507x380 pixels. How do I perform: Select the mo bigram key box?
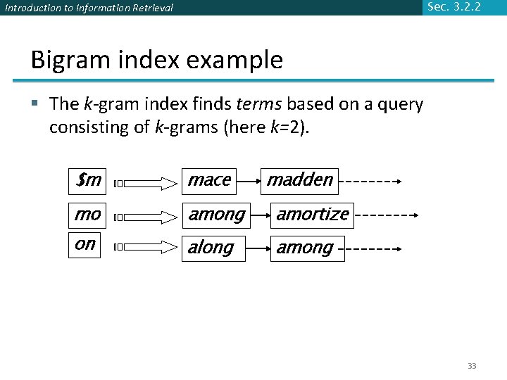click(87, 214)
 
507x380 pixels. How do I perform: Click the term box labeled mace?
click(209, 181)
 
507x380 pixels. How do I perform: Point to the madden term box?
click(299, 181)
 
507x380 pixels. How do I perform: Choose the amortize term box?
click(312, 214)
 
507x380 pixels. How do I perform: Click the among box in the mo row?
click(216, 214)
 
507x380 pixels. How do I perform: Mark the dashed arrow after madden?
click(370, 182)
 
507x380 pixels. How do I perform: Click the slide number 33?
click(472, 366)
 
